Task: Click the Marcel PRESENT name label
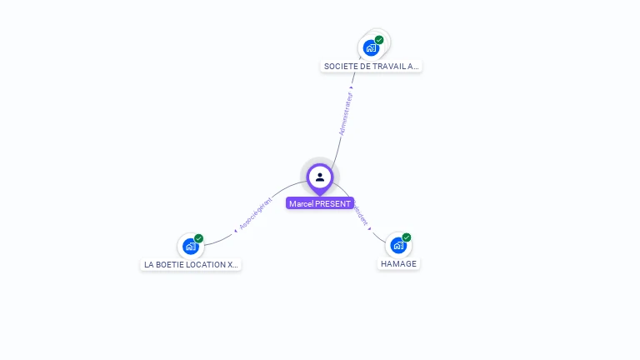coord(320,203)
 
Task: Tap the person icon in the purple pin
coord(320,177)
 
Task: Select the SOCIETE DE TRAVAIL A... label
coord(371,66)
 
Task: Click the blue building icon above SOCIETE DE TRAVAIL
coord(371,47)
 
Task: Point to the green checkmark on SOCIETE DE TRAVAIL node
coord(379,40)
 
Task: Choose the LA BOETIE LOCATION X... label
coord(192,264)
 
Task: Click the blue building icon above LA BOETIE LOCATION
coord(191,246)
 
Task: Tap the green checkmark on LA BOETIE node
coord(198,238)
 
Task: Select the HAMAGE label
coord(398,263)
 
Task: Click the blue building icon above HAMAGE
coord(398,246)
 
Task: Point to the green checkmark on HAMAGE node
coord(406,237)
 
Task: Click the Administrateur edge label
coord(346,113)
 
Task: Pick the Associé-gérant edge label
coord(255,213)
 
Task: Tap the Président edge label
coord(361,215)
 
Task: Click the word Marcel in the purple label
coord(300,203)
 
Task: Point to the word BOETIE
coord(170,264)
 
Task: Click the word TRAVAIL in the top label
coord(382,66)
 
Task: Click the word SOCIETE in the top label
coord(339,66)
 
